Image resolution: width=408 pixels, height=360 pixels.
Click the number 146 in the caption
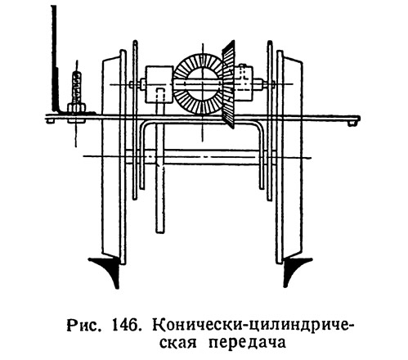[x=127, y=325]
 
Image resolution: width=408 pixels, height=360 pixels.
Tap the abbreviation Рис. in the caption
[x=83, y=325]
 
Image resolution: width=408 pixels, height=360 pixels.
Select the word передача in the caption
[x=248, y=343]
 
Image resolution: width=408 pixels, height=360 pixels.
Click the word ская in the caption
[x=177, y=343]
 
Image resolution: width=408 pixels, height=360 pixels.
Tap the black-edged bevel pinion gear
[x=228, y=84]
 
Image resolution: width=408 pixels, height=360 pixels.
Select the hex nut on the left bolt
[x=77, y=108]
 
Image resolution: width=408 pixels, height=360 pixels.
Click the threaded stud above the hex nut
[x=77, y=87]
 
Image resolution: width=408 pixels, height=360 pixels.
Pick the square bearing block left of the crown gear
[x=159, y=84]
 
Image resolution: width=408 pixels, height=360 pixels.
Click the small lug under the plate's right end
[x=352, y=124]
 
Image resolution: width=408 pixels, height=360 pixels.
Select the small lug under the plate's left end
[x=50, y=122]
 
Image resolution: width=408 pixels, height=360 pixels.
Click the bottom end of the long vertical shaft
[x=160, y=232]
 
